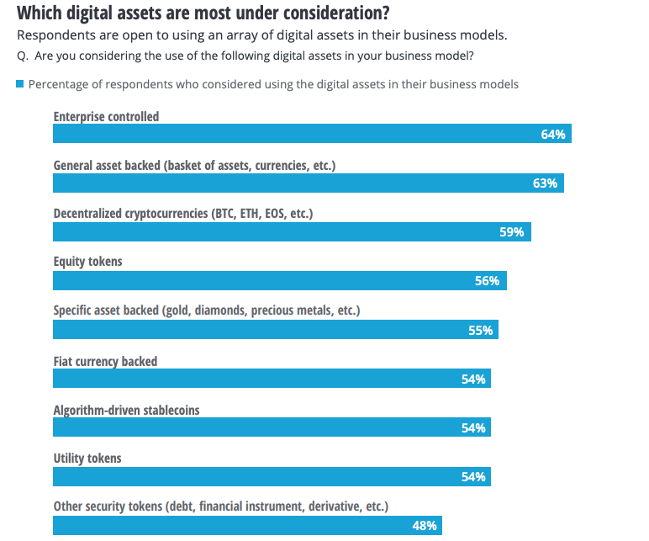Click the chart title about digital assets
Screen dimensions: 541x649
203,13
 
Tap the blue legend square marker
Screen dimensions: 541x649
20,84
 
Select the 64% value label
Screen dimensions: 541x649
552,135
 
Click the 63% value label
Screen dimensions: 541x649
545,183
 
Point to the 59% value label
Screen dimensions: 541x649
511,232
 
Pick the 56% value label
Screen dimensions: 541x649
487,281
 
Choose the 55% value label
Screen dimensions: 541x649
480,330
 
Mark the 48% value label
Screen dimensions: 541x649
424,526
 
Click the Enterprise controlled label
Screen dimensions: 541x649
106,117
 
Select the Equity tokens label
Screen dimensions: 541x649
87,262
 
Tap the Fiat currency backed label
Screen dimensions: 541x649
105,361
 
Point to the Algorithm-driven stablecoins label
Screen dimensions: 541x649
126,410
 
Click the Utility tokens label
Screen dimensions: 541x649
87,459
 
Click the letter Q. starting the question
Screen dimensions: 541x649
23,56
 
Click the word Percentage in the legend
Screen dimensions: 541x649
60,84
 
